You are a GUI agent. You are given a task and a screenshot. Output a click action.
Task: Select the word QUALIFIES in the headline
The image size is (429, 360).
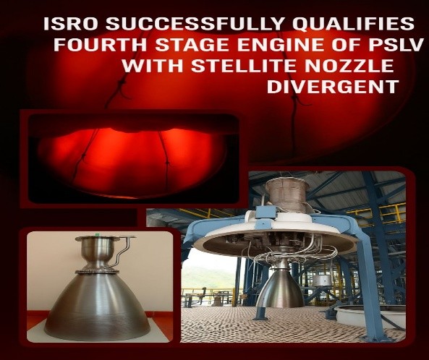click(x=353, y=24)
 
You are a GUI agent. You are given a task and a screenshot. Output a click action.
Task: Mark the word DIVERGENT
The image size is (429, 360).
click(x=332, y=87)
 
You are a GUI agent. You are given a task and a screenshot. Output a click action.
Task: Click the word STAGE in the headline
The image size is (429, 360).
click(x=192, y=45)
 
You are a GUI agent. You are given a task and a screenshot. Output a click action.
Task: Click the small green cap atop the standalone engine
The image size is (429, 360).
click(x=98, y=234)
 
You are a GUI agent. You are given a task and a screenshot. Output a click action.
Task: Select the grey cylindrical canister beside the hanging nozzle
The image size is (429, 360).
click(x=323, y=283)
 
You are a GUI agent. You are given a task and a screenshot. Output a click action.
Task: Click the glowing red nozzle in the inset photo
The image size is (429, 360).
click(x=132, y=161)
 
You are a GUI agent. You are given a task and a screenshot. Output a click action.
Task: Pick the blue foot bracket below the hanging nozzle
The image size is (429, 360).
click(x=260, y=313)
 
